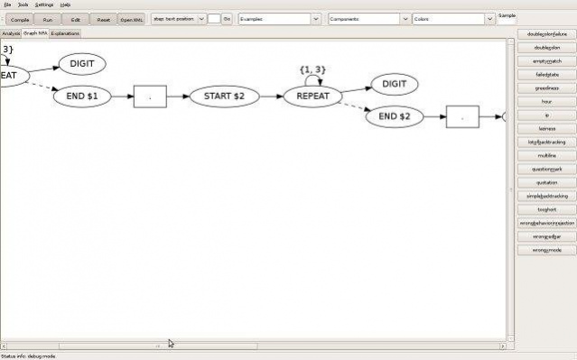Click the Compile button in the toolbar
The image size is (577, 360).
coord(20,18)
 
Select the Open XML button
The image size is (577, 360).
coord(132,18)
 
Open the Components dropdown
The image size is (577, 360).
coord(363,18)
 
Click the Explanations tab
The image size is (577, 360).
coord(65,33)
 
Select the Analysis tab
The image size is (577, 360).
coord(11,33)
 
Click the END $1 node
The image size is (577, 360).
coord(82,95)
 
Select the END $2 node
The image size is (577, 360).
coord(395,116)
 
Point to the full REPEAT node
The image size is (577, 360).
coord(312,95)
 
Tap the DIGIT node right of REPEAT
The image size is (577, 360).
coord(394,84)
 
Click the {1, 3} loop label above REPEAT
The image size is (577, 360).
coord(312,69)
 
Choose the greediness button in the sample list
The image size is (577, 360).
coord(546,88)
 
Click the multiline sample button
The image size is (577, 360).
coord(546,155)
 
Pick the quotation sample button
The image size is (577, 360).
coord(546,182)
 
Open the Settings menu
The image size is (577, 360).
coord(44,5)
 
